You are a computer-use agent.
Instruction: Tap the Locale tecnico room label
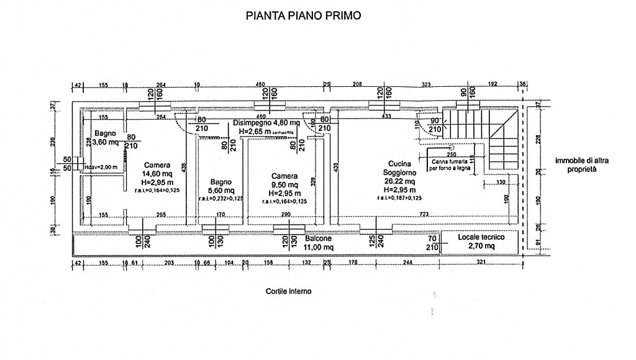(x=477, y=241)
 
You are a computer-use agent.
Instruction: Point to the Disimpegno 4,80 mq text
(x=266, y=123)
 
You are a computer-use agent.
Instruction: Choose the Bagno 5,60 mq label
(x=221, y=186)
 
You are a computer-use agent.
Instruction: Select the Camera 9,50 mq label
(x=284, y=184)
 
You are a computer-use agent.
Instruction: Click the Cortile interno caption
(x=288, y=290)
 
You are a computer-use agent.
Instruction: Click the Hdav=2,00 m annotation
(x=101, y=166)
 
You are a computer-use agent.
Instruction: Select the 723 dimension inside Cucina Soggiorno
(x=424, y=214)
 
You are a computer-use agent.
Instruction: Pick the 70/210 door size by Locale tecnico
(x=432, y=242)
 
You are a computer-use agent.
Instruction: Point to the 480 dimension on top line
(x=260, y=86)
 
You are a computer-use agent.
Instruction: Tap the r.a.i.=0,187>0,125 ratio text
(x=399, y=197)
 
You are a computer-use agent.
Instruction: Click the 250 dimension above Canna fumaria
(x=451, y=153)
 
